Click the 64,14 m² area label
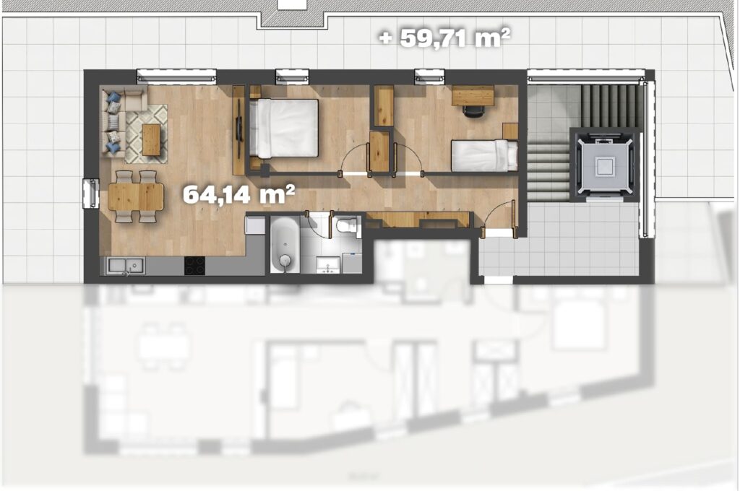point(238,194)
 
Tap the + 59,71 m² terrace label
point(445,38)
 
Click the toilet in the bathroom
point(348,226)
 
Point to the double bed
point(284,129)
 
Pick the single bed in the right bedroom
point(484,156)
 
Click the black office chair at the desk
point(473,110)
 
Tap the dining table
point(136,196)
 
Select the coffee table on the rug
point(152,139)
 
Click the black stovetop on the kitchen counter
point(194,266)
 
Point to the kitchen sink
point(126,266)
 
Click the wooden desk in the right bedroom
point(473,95)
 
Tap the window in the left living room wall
point(90,194)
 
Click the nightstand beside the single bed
point(510,131)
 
